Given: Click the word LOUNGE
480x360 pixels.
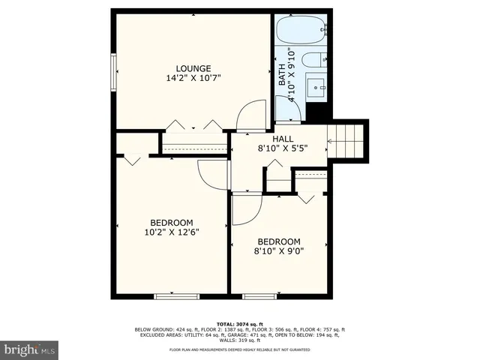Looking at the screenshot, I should [x=193, y=68].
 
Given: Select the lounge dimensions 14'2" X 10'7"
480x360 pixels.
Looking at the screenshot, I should [x=193, y=78].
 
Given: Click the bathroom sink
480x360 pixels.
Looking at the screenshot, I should [x=316, y=88].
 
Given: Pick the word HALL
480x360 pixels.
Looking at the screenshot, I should [x=283, y=139].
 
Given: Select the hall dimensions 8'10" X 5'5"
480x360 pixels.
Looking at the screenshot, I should [x=283, y=148].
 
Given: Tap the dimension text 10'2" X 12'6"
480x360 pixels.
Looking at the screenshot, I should [x=172, y=232].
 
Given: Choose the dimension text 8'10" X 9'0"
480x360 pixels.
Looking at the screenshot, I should [x=279, y=251].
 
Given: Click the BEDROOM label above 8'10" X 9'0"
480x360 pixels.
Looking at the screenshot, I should [x=279, y=241].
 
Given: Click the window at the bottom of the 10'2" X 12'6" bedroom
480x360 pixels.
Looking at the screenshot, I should [x=177, y=296].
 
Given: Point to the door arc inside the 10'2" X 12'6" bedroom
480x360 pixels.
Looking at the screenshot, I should [x=214, y=175].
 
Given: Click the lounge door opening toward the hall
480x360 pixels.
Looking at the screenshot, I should [x=248, y=116].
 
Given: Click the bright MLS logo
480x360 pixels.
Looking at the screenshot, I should [x=30, y=349].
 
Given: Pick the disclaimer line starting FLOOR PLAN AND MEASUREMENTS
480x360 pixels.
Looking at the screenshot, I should [x=240, y=350].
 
